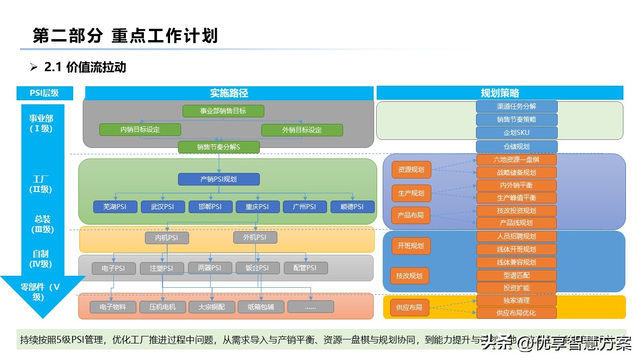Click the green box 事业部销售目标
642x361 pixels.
pos(223,111)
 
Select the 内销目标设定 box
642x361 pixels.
pos(140,130)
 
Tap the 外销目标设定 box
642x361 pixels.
pos(302,130)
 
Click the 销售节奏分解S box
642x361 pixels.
pos(219,147)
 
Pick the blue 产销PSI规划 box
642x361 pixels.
pos(219,179)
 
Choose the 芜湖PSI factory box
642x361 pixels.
pos(115,207)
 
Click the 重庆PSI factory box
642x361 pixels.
pos(257,207)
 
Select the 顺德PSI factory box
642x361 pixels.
pos(352,207)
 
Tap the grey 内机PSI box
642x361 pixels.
pos(167,238)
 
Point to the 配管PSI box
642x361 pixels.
pos(305,268)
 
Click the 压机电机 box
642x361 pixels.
pos(163,307)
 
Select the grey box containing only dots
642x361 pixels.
pos(310,307)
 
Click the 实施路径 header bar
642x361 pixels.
pos(229,93)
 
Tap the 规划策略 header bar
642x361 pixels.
pos(500,93)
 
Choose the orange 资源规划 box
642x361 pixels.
pos(411,169)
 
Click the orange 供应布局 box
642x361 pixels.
pos(409,307)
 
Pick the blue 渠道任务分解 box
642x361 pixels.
pos(517,106)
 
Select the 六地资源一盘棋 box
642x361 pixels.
pos(517,160)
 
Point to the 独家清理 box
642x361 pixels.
pos(517,300)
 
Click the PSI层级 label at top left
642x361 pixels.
pos(45,93)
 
